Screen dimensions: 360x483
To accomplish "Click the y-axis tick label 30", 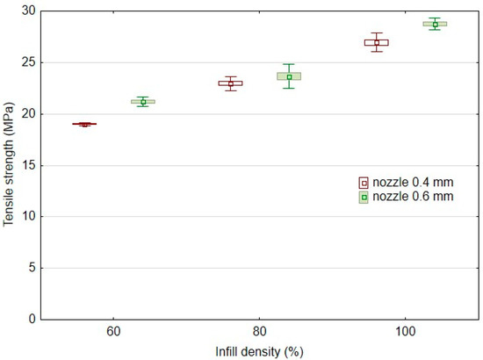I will click(31, 11).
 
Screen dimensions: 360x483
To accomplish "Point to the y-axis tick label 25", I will click(31, 62).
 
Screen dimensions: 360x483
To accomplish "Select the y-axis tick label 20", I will click(31, 113).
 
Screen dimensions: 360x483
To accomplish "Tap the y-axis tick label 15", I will click(31, 165).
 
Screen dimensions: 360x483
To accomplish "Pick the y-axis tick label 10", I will click(31, 216).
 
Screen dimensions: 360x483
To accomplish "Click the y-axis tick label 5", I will click(33, 268).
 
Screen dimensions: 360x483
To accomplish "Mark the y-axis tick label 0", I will click(33, 319).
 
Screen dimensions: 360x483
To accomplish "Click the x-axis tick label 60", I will click(113, 334).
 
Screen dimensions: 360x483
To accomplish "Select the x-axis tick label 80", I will click(259, 334).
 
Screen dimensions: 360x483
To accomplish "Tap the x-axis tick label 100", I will click(405, 334).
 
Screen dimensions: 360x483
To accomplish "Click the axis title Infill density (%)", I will click(259, 351).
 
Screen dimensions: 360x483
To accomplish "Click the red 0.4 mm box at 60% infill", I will click(84, 125).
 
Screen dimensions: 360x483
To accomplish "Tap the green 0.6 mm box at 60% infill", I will click(142, 102).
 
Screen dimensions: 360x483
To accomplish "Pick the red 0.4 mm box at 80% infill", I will click(230, 83).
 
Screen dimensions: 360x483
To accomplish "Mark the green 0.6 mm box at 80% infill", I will click(289, 76).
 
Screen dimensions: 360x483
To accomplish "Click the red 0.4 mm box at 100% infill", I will click(377, 42).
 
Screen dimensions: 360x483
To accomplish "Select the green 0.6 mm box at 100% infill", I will click(435, 24).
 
